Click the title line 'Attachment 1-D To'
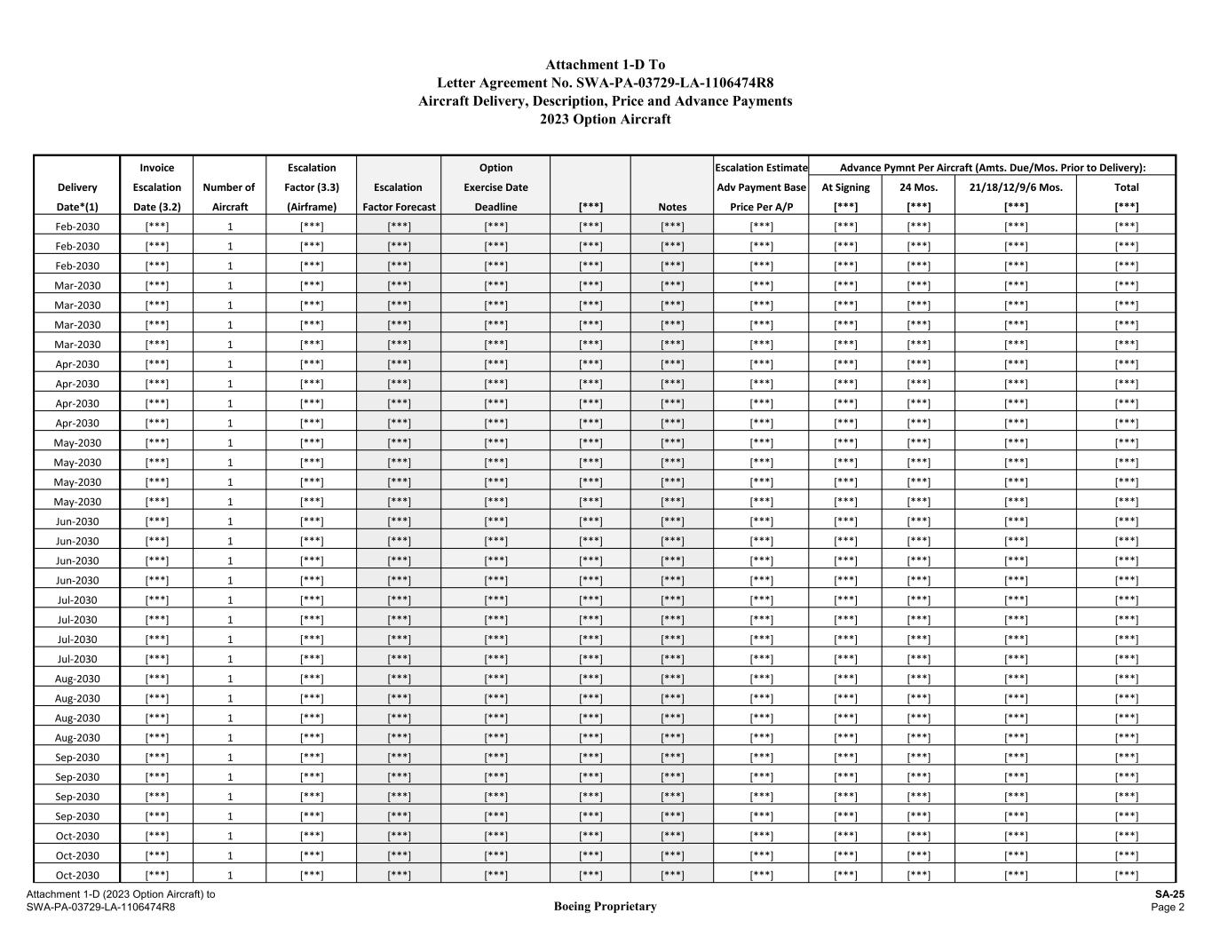605,65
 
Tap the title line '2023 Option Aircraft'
605,119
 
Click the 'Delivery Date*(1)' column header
77,197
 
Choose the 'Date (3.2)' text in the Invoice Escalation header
157,207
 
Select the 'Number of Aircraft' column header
229,197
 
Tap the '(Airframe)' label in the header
312,207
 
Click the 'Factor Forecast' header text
399,207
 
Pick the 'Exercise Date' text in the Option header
495,187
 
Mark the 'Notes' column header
672,207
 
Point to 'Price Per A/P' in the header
761,207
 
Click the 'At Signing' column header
845,187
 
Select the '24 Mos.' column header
918,187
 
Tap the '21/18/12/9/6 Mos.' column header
1016,187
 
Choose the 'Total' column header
1126,187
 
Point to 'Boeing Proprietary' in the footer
605,907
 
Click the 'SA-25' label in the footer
1169,894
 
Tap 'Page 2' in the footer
1168,907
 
